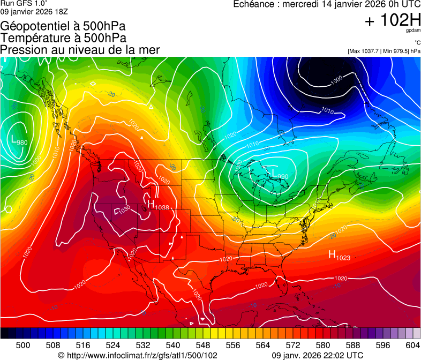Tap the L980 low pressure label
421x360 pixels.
19,141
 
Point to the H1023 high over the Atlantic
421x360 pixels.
339,256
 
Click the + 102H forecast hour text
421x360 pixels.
392,21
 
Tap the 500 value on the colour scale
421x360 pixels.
23,345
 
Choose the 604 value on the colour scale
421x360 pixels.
412,345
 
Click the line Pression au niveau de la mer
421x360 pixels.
80,50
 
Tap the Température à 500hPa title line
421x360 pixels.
63,38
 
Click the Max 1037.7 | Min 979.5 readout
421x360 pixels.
384,51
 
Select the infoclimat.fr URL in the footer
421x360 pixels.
138,355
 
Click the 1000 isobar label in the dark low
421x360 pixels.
336,80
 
